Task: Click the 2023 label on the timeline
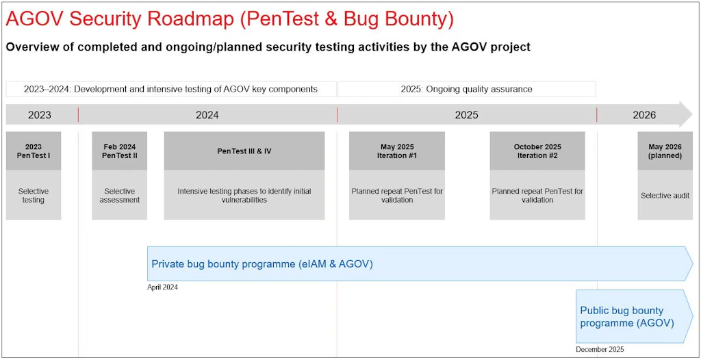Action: (39, 116)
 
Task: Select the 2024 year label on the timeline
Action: (207, 116)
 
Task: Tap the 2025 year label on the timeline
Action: (467, 116)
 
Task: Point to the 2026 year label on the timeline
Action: (644, 116)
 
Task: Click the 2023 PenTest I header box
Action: (34, 151)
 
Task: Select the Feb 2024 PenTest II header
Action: (119, 151)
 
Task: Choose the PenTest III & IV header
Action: (244, 151)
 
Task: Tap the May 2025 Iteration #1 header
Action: (397, 151)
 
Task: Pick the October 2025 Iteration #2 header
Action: (537, 151)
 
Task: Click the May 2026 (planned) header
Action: (665, 151)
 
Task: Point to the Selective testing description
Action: (34, 196)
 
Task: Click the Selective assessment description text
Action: (119, 196)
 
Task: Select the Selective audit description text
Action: (665, 196)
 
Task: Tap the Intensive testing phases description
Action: (244, 196)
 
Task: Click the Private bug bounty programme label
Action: (262, 264)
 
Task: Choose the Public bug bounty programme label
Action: (627, 316)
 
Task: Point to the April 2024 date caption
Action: (162, 287)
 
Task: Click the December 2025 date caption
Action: (600, 350)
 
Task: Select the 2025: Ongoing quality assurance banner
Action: (467, 89)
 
